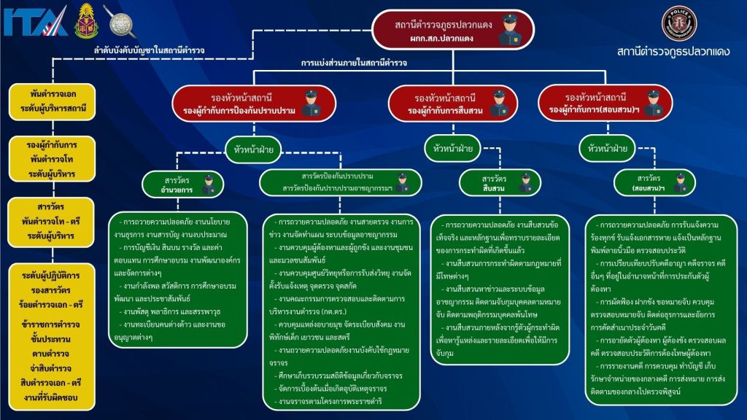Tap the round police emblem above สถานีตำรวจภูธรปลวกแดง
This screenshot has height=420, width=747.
[x=678, y=23]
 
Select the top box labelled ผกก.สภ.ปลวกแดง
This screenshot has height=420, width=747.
[x=453, y=30]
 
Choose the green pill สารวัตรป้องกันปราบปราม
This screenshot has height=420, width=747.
[x=340, y=183]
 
